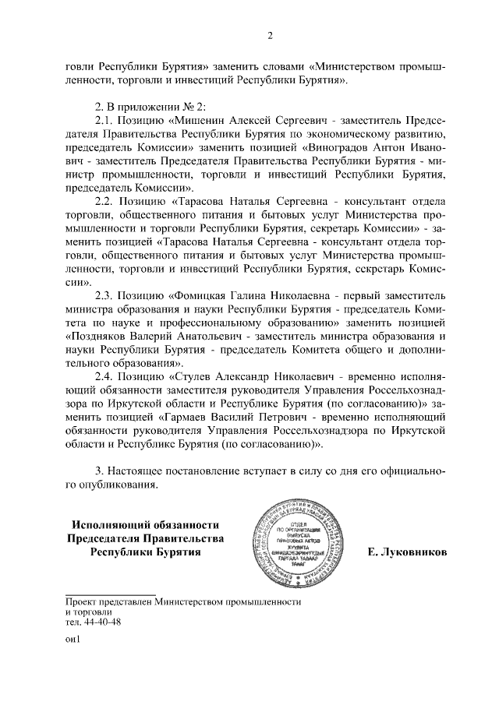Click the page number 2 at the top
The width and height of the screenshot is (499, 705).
[269, 34]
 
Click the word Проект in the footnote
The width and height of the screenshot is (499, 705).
[82, 602]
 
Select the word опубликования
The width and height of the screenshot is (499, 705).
[122, 485]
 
